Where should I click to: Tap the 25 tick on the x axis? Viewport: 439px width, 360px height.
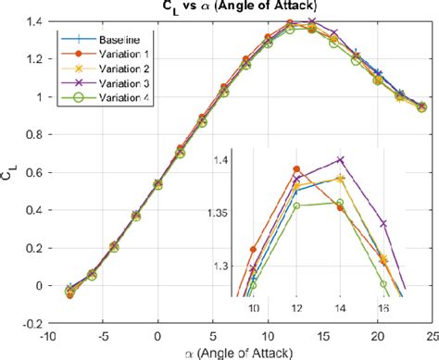click(431, 335)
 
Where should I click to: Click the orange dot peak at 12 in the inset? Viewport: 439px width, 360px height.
click(296, 169)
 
